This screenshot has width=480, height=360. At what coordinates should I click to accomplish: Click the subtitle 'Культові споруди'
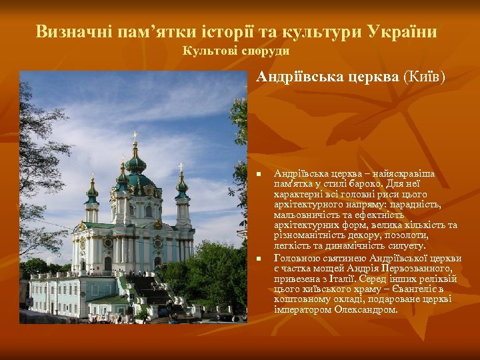[x=236, y=51]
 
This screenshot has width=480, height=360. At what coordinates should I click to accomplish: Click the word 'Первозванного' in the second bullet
[x=417, y=269]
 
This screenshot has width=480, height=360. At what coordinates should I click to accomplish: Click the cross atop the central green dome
[x=135, y=137]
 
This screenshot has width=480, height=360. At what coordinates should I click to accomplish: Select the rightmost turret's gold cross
[x=181, y=167]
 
